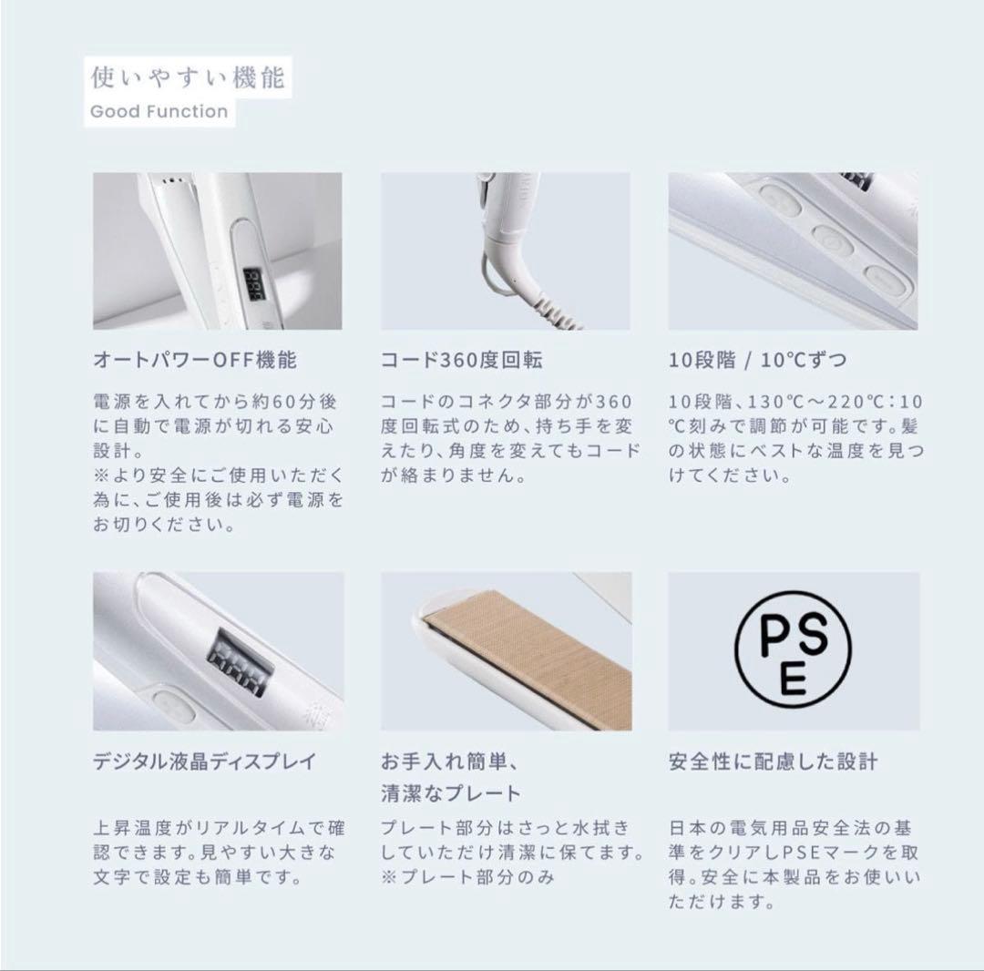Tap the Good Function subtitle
pos(159,112)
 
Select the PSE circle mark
pos(793,649)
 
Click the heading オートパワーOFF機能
pos(195,360)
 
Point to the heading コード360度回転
pos(462,360)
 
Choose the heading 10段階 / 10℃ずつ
pos(757,360)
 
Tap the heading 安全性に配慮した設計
pos(773,761)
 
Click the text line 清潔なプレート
pos(451,792)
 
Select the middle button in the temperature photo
pos(833,240)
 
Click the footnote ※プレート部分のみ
pos(467,877)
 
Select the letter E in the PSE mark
pos(793,679)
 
